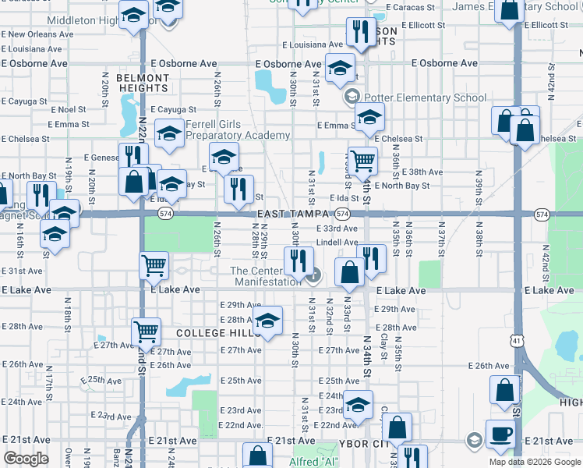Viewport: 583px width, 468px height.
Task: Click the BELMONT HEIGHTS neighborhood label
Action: (143, 83)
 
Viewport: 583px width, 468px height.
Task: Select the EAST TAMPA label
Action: (292, 214)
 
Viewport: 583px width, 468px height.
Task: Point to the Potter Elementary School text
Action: (419, 98)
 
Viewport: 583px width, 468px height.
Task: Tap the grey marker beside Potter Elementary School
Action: (351, 97)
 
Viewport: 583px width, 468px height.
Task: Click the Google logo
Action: (26, 459)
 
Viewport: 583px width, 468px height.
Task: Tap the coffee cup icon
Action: (500, 433)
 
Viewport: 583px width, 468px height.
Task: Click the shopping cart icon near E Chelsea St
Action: (362, 160)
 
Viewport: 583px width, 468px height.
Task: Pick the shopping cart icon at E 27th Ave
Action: (146, 331)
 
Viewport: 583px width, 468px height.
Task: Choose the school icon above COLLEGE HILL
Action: (267, 321)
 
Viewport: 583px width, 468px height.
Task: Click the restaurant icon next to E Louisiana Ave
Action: (359, 32)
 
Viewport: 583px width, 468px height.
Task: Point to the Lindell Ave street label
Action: (337, 243)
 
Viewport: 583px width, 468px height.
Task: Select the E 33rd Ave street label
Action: (337, 229)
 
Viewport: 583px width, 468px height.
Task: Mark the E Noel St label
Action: (65, 110)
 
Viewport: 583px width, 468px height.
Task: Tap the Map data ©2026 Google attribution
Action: (534, 462)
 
